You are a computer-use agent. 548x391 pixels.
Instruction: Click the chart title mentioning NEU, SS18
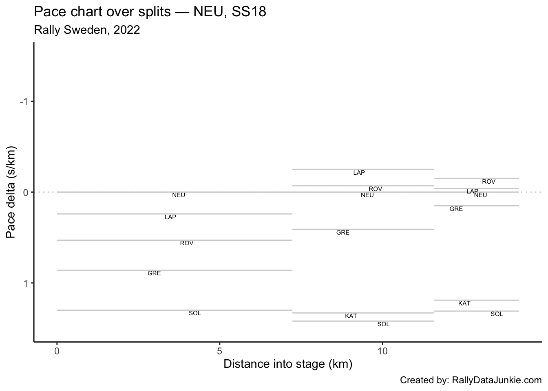[150, 12]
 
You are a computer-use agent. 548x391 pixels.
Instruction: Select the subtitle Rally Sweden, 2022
[87, 30]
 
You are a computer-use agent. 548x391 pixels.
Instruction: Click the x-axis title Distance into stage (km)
[288, 364]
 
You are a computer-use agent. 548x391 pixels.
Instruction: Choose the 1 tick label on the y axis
[25, 283]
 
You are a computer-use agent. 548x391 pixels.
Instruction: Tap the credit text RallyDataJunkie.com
[471, 380]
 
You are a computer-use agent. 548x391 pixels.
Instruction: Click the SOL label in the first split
[195, 313]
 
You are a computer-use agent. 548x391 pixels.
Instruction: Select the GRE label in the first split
[154, 273]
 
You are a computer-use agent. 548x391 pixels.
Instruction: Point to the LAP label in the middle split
[359, 173]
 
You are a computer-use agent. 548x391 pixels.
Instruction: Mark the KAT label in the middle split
[351, 316]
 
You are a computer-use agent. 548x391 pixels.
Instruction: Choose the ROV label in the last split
[488, 182]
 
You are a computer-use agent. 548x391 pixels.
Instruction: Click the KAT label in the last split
[464, 303]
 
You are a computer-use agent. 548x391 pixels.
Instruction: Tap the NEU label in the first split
[179, 195]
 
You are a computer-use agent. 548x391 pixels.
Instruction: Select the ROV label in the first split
[187, 243]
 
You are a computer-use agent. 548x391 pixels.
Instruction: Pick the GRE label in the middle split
[343, 233]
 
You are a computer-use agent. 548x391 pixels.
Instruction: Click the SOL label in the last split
[497, 314]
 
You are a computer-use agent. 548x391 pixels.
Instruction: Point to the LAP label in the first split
[170, 217]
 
